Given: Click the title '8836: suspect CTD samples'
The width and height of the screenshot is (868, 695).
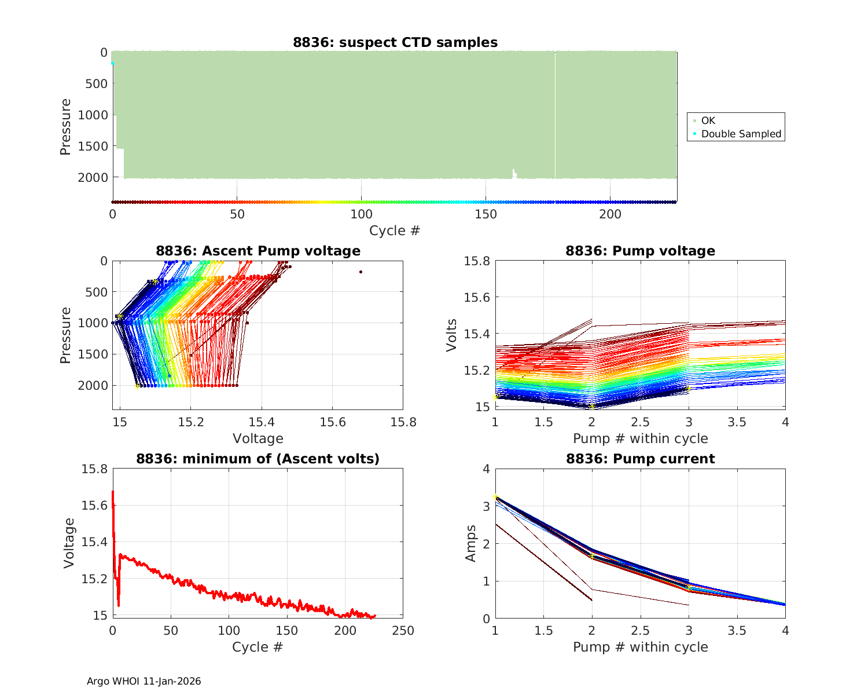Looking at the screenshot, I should pyautogui.click(x=395, y=42).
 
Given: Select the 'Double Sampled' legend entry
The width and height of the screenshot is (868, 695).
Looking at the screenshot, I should pyautogui.click(x=741, y=134).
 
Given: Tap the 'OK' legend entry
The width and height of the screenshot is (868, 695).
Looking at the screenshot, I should pyautogui.click(x=708, y=120).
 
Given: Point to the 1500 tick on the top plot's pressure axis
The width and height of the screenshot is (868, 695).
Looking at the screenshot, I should pyautogui.click(x=95, y=146).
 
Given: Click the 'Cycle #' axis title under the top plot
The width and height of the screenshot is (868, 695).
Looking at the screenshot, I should pyautogui.click(x=395, y=231).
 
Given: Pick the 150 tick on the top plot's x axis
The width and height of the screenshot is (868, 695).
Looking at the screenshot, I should pyautogui.click(x=486, y=214).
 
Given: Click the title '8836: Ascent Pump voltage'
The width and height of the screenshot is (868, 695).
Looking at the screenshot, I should pyautogui.click(x=258, y=251).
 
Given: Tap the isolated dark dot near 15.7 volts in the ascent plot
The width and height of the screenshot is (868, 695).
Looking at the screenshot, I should pyautogui.click(x=361, y=272).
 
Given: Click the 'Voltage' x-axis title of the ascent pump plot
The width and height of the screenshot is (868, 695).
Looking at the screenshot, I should pyautogui.click(x=258, y=438).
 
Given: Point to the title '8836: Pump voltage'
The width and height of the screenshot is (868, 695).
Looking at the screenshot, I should pyautogui.click(x=640, y=251).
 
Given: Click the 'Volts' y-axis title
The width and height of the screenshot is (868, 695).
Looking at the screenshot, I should pyautogui.click(x=452, y=335).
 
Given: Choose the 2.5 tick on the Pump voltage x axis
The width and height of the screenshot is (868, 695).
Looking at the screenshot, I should pyautogui.click(x=640, y=422).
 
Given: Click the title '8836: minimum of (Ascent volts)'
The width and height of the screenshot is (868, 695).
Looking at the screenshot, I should pyautogui.click(x=258, y=459).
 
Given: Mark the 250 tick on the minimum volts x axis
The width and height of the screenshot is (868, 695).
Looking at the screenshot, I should pyautogui.click(x=403, y=631).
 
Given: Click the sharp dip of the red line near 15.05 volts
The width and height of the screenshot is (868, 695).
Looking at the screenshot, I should pyautogui.click(x=119, y=605).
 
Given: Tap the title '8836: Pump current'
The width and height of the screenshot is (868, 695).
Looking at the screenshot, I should pyautogui.click(x=640, y=459).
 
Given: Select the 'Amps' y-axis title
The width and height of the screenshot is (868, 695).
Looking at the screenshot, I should pyautogui.click(x=470, y=543).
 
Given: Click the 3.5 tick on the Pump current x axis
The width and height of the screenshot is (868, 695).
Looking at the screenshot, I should pyautogui.click(x=737, y=631).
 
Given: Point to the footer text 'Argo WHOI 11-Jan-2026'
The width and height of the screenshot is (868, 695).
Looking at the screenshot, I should pyautogui.click(x=144, y=681).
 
